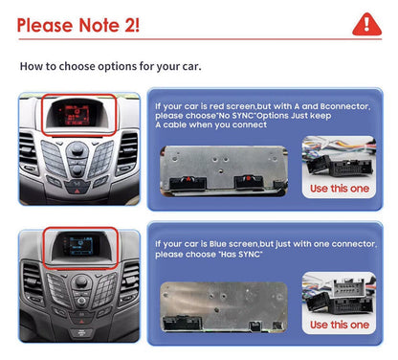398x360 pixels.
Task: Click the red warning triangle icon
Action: (366, 25)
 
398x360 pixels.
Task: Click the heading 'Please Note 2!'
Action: (78, 25)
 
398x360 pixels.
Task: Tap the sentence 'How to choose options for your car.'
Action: (110, 66)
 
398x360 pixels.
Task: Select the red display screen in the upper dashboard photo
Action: (77, 115)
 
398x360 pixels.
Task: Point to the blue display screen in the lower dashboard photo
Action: (78, 245)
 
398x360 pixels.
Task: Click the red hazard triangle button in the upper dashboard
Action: (77, 191)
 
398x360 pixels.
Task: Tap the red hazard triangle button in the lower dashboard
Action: (81, 322)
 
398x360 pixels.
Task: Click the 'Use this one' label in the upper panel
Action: (340, 189)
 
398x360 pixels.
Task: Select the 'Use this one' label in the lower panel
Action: (340, 325)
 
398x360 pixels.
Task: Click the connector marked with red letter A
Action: (188, 183)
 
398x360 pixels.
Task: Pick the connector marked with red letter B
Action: (249, 182)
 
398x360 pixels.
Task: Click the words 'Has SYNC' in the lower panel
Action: (240, 255)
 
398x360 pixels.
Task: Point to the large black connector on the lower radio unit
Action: (182, 323)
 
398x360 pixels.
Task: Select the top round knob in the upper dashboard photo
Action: (77, 148)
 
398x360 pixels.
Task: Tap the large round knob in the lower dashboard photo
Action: (81, 282)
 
